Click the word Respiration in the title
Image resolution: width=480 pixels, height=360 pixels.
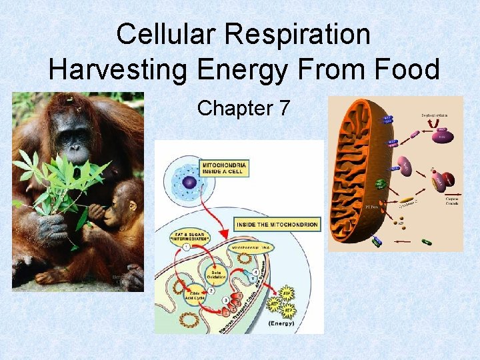(304, 35)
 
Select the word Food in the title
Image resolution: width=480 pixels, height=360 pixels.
(403, 69)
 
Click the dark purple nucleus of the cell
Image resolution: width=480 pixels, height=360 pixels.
(190, 183)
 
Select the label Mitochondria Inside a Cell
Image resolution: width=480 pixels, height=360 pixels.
(224, 167)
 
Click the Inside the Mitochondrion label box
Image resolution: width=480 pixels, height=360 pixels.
(277, 225)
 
